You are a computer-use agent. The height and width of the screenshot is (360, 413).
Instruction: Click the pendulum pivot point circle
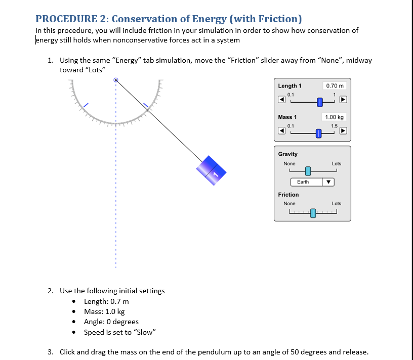pyautogui.click(x=116, y=80)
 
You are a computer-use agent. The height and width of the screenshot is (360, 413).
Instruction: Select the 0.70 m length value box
pyautogui.click(x=335, y=85)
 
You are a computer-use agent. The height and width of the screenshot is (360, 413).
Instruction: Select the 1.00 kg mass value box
pyautogui.click(x=335, y=117)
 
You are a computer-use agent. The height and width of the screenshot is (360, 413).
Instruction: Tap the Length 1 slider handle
pyautogui.click(x=320, y=103)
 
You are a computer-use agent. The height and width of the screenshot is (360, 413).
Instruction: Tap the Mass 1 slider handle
pyautogui.click(x=318, y=133)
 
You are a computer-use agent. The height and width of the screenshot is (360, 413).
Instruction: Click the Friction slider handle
pyautogui.click(x=313, y=213)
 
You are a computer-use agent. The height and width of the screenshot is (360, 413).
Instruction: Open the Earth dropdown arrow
pyautogui.click(x=328, y=182)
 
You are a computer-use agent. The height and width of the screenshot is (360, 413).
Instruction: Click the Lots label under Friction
pyautogui.click(x=336, y=203)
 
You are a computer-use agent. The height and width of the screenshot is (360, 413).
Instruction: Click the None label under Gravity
pyautogui.click(x=290, y=163)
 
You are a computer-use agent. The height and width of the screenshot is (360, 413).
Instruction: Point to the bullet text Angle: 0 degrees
pyautogui.click(x=111, y=322)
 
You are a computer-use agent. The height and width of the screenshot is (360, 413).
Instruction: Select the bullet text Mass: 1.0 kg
pyautogui.click(x=104, y=311)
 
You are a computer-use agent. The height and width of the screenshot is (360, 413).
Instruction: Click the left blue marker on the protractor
pyautogui.click(x=87, y=105)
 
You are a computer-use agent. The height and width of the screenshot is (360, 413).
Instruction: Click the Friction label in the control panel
pyautogui.click(x=288, y=194)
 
